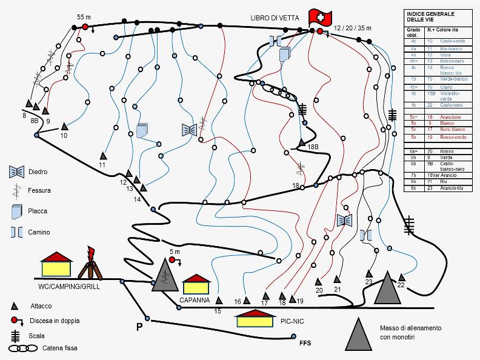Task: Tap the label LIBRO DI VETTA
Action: click(x=272, y=18)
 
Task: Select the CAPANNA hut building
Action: click(x=195, y=284)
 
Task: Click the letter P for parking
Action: click(x=139, y=327)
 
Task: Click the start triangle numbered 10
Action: click(x=65, y=127)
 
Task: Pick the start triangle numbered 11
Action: click(x=104, y=155)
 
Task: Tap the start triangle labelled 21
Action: click(x=338, y=279)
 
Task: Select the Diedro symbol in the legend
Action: click(x=17, y=172)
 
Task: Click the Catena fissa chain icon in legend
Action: click(x=22, y=348)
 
